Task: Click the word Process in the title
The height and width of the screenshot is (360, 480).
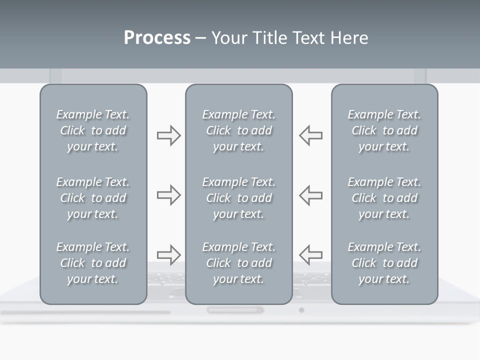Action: (x=157, y=38)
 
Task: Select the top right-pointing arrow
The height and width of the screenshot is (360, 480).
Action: (x=168, y=135)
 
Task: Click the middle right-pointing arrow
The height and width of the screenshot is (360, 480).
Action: (x=168, y=195)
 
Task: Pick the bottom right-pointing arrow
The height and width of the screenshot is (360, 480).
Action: (x=168, y=254)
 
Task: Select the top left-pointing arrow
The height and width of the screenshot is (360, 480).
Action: (x=310, y=135)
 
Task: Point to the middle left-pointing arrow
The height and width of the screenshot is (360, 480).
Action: (x=310, y=195)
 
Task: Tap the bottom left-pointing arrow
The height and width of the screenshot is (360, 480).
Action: (x=310, y=254)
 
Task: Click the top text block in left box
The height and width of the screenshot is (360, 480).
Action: (x=93, y=130)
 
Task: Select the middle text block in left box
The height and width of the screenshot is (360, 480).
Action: (x=93, y=198)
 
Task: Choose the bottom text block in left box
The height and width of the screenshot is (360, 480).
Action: (x=93, y=263)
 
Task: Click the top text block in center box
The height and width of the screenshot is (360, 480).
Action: (x=238, y=130)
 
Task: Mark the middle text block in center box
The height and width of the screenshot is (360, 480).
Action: (x=238, y=198)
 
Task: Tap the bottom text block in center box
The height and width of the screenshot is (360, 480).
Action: (x=238, y=263)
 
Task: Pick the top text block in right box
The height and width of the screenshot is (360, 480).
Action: (x=384, y=130)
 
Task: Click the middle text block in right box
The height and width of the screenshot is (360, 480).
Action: (x=384, y=198)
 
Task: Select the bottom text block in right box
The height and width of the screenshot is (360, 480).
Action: (x=384, y=263)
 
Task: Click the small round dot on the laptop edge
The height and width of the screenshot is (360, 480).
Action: (x=301, y=310)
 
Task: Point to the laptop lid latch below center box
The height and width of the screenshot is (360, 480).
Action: (x=235, y=310)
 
